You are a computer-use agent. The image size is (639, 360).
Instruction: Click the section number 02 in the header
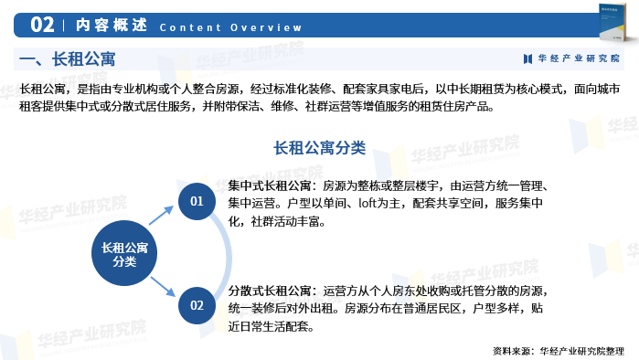(48, 25)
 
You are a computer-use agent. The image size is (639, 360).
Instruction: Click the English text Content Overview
(230, 26)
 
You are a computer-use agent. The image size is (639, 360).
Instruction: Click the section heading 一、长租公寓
(68, 59)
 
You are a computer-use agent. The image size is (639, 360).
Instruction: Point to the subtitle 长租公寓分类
(319, 147)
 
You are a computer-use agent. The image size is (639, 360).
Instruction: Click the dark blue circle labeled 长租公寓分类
(124, 253)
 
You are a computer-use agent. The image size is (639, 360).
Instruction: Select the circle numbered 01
(197, 200)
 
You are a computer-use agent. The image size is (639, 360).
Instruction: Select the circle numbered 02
(197, 305)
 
